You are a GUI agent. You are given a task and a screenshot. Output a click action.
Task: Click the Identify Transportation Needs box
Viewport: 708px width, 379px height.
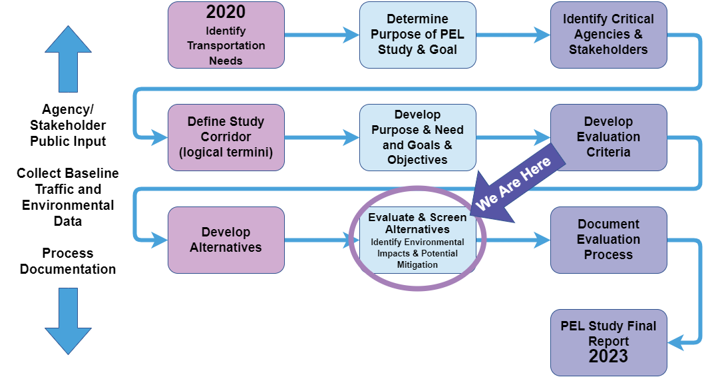pos(226,35)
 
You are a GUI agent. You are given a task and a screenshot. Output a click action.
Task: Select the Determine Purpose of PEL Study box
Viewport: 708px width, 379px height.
pos(418,35)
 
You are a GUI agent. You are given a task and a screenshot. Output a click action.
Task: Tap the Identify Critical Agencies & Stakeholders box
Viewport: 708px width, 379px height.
pos(608,35)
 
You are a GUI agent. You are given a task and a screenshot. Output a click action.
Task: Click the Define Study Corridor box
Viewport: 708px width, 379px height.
pos(226,137)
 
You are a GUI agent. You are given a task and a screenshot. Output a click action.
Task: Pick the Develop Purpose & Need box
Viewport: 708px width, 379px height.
pos(418,137)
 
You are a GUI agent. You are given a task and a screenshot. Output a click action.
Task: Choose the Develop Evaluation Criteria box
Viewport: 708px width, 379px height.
pos(608,137)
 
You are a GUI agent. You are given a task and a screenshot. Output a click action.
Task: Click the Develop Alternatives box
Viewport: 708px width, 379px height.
pos(226,240)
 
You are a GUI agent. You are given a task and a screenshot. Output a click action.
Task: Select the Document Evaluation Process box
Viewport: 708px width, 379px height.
pos(608,240)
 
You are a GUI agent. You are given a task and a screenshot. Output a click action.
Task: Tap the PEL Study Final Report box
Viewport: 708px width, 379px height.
pos(608,342)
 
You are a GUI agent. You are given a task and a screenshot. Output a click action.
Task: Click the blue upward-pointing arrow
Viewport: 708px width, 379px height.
pos(68,59)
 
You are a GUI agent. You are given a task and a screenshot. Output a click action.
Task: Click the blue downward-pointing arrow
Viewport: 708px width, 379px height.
pos(68,321)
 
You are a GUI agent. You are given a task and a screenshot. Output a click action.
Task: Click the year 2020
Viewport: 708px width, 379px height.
pos(226,12)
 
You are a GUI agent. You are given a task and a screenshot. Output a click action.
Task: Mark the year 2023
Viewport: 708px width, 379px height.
pos(608,356)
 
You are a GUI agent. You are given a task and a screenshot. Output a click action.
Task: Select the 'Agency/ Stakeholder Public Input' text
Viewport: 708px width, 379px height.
pos(68,125)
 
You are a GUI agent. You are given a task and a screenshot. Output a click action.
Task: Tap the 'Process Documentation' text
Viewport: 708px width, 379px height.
pos(68,261)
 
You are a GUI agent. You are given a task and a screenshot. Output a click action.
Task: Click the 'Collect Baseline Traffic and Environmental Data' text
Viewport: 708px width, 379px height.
pos(68,197)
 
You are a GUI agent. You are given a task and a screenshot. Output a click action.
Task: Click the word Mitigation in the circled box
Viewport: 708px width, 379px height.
pos(417,264)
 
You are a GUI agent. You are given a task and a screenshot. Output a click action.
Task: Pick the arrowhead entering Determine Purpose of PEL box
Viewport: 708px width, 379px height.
pos(351,35)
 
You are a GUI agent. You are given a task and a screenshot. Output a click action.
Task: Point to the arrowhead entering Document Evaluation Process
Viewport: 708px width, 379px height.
pos(542,240)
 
